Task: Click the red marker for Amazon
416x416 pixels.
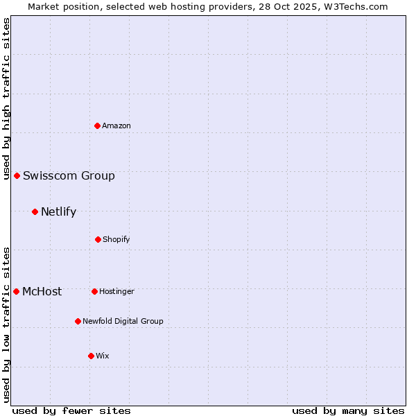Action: coord(97,125)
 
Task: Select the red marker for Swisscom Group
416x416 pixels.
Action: coord(17,175)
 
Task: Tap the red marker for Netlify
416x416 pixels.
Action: coord(35,211)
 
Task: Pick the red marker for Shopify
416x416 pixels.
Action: coord(98,239)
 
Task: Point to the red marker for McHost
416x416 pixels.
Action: coord(16,291)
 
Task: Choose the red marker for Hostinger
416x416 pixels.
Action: coord(94,291)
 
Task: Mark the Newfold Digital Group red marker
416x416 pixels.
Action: coord(78,321)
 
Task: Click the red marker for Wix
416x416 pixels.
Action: coord(91,356)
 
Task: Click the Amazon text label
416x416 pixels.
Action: coord(116,125)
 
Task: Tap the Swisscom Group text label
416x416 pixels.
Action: coord(69,175)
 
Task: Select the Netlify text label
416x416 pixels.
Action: coord(58,211)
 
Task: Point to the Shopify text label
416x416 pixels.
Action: coord(116,239)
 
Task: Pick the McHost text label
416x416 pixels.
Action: coord(42,291)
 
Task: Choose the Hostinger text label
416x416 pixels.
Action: coord(116,291)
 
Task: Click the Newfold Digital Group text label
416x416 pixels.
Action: coord(123,321)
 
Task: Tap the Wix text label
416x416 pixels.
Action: coord(103,356)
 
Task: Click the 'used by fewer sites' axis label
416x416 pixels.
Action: coord(71,410)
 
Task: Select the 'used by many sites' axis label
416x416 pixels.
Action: coord(348,410)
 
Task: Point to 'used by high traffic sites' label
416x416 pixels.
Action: coord(6,98)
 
